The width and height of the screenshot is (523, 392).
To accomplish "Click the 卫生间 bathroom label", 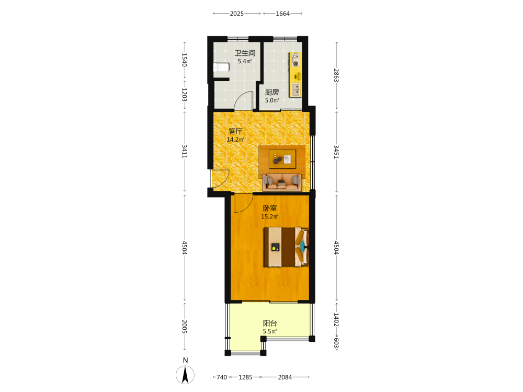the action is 245,53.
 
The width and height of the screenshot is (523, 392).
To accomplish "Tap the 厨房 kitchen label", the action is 272,92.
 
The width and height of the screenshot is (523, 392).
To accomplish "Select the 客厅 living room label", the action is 235,131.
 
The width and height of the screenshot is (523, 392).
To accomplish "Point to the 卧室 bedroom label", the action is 270,209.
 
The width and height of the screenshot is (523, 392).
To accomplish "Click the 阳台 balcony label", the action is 270,324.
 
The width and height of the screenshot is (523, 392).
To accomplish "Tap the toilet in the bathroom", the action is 221,67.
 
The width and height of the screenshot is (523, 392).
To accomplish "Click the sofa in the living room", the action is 282,182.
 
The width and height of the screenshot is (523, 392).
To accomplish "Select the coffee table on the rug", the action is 282,159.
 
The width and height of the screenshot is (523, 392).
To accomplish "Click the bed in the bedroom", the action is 286,247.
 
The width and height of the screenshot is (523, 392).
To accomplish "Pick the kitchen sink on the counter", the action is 296,90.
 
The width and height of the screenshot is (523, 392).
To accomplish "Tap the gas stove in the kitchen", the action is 295,60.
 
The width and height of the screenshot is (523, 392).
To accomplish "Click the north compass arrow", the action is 185,374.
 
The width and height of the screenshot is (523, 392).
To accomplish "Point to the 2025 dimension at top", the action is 237,14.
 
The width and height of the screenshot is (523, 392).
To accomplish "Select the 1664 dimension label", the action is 283,14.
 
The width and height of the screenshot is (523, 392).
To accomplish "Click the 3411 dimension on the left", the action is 185,152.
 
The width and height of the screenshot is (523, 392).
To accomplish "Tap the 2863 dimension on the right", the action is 336,75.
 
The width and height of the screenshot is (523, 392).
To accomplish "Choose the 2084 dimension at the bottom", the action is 285,377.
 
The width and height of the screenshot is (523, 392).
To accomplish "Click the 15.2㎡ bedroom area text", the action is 269,217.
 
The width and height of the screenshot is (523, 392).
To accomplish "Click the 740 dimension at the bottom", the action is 222,377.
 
